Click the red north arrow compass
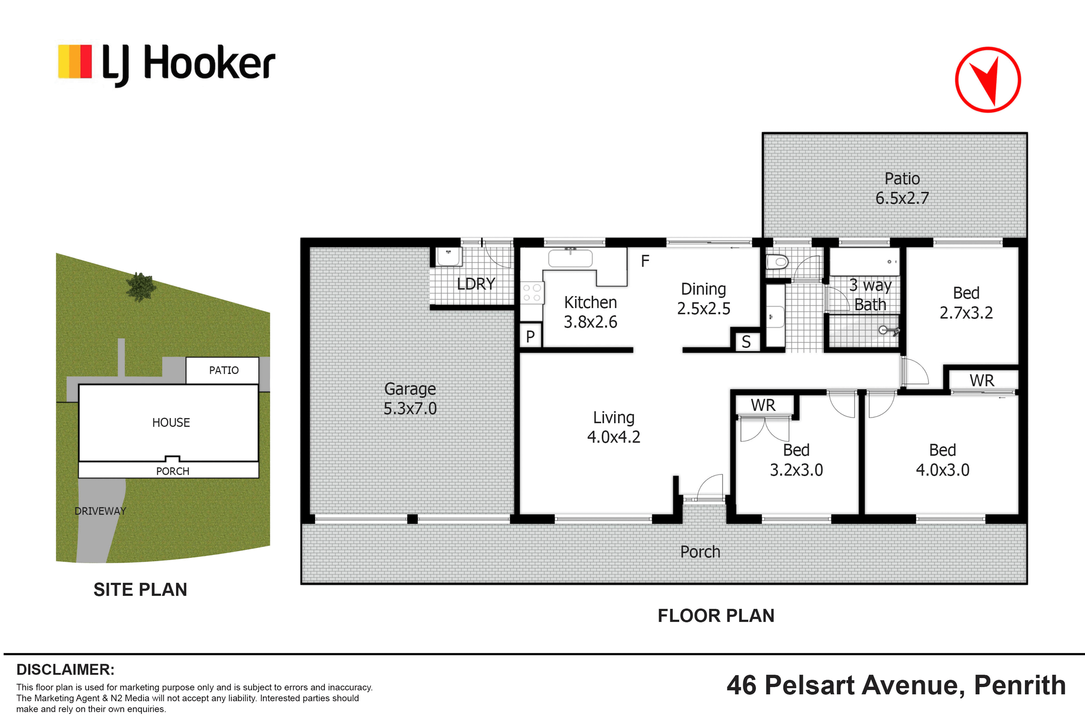(x=988, y=80)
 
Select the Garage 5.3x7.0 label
(x=410, y=399)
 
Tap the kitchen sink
(x=570, y=258)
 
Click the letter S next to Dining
(x=746, y=342)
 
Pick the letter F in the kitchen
(x=645, y=261)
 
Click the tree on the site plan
(x=141, y=287)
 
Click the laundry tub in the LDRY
(x=449, y=257)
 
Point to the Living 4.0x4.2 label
(x=614, y=427)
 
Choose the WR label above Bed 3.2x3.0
(x=763, y=405)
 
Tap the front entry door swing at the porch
(x=710, y=486)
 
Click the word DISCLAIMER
(x=65, y=669)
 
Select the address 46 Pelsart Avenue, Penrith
(x=896, y=685)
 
